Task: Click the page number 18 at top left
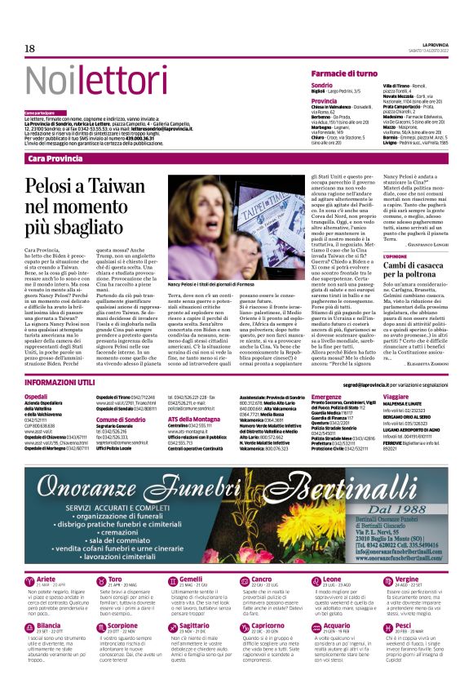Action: point(29,49)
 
